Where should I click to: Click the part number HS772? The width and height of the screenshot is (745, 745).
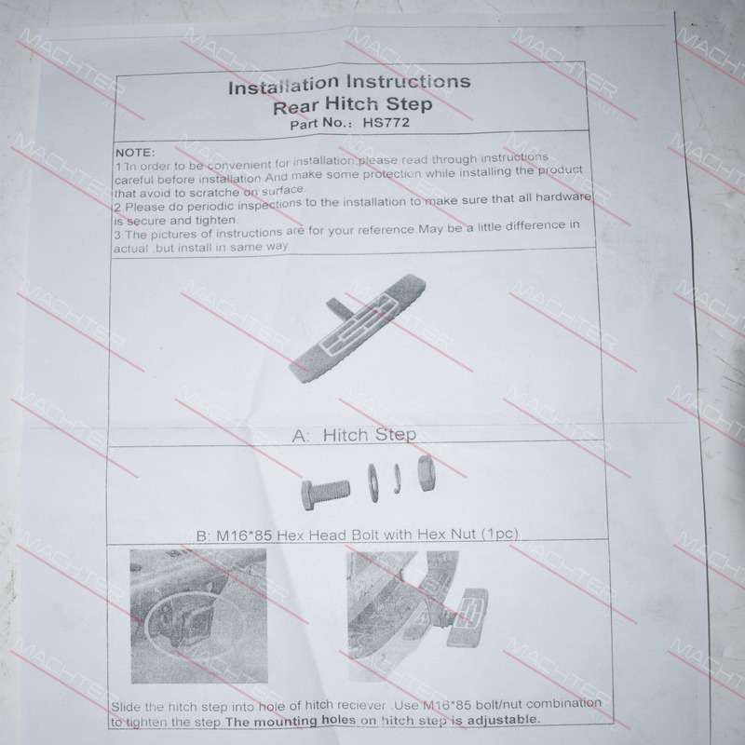pyautogui.click(x=386, y=123)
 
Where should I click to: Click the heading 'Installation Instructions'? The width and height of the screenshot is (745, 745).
pyautogui.click(x=349, y=84)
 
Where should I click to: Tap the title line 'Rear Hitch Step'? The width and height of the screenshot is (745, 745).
pyautogui.click(x=352, y=105)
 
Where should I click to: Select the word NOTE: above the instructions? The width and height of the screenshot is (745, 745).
pyautogui.click(x=135, y=153)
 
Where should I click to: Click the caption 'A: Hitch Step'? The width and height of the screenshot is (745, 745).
pyautogui.click(x=355, y=435)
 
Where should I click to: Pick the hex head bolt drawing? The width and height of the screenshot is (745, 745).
pyautogui.click(x=326, y=493)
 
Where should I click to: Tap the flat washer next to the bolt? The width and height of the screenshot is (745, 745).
pyautogui.click(x=374, y=483)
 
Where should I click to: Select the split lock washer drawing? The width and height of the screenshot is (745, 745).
pyautogui.click(x=398, y=479)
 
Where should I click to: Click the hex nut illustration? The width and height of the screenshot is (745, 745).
pyautogui.click(x=427, y=473)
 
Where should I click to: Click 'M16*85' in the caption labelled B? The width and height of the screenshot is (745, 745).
pyautogui.click(x=244, y=535)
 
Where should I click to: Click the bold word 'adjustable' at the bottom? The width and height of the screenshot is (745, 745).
pyautogui.click(x=503, y=719)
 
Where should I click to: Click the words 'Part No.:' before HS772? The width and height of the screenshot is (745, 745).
pyautogui.click(x=321, y=124)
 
